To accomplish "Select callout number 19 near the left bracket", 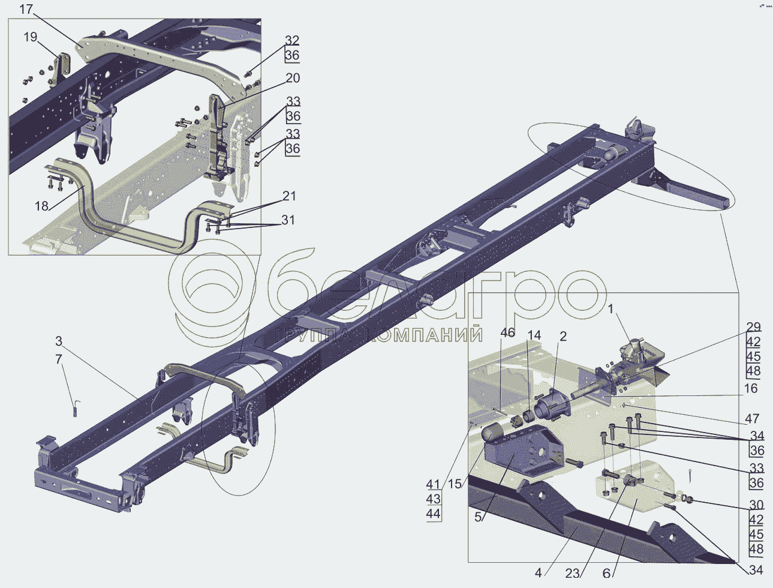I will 31,38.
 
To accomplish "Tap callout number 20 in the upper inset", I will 293,78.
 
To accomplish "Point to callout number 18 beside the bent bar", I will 41,206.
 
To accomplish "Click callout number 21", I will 290,196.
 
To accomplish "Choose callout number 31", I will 288,220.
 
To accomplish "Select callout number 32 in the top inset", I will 292,41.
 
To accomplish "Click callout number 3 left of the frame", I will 59,341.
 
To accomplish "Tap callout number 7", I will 59,359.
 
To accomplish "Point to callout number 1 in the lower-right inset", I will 611,310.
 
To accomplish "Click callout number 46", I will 508,333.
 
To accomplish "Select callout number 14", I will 534,335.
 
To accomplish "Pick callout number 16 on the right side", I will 751,389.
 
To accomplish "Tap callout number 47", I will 752,419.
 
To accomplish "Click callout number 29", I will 754,328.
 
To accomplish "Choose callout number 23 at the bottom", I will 572,573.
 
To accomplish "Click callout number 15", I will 455,484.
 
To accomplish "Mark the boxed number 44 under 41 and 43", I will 433,514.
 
